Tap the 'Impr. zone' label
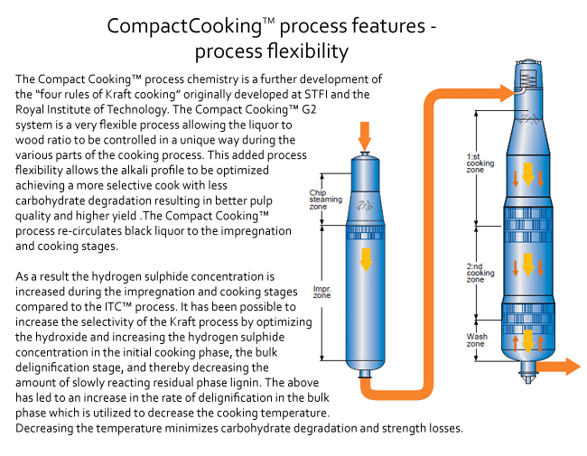tap(322, 294)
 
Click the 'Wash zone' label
tap(476, 340)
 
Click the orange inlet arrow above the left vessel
tap(365, 137)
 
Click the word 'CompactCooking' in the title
tap(172, 25)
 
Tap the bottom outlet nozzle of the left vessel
tap(366, 373)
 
